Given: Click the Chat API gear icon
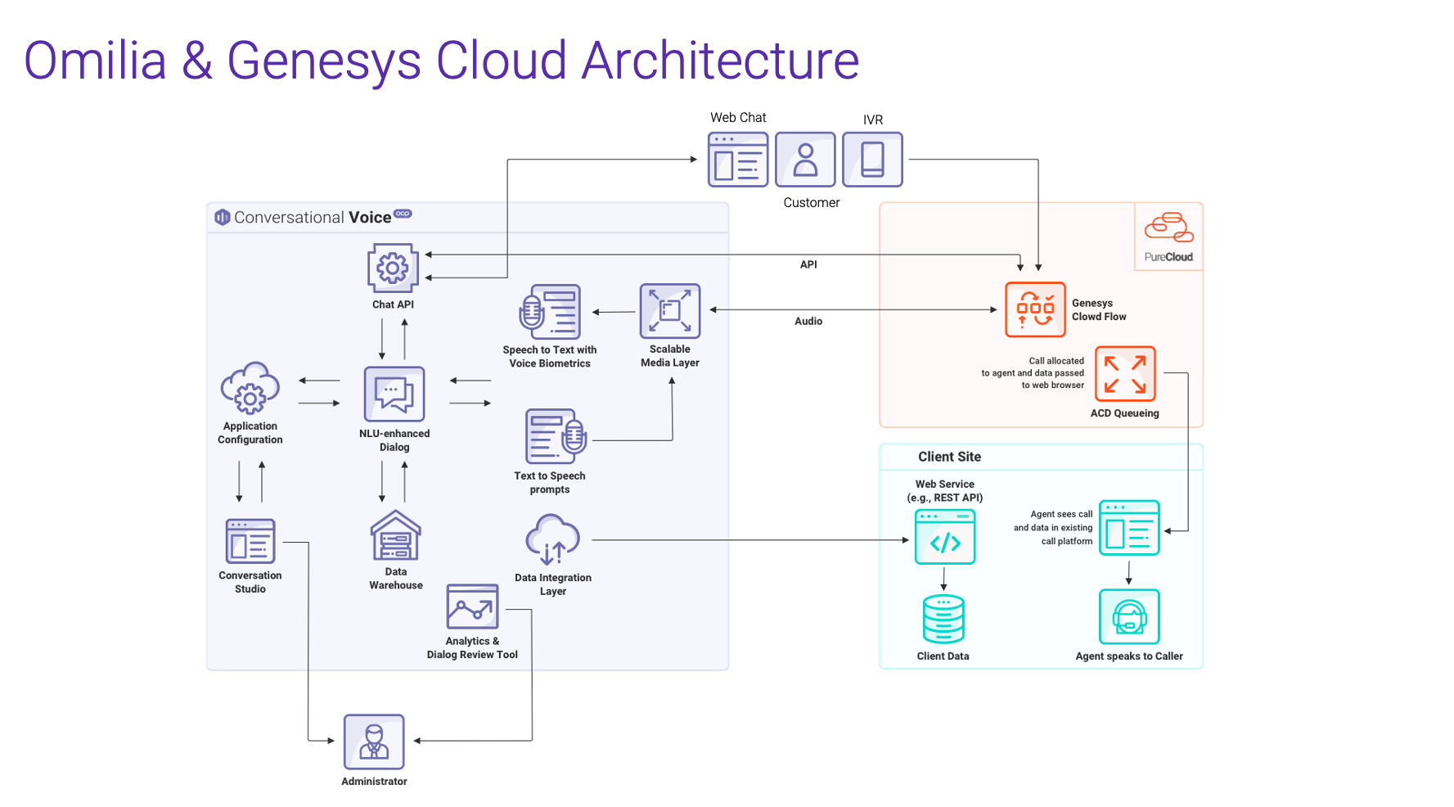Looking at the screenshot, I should (393, 268).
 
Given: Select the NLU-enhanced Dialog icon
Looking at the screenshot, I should (394, 394).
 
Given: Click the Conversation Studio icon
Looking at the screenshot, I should (250, 541).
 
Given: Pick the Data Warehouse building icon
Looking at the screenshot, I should (396, 536).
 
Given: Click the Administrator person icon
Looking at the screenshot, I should (374, 742).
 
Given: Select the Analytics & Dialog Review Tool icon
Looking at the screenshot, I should (472, 606).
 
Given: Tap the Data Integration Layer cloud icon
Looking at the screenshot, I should (552, 540).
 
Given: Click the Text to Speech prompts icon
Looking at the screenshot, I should (556, 436).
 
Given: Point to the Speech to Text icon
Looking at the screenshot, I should (550, 312).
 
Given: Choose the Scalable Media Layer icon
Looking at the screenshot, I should (670, 311).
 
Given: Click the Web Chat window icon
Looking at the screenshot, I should (738, 160).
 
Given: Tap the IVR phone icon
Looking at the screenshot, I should (872, 160).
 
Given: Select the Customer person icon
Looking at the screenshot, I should (805, 160).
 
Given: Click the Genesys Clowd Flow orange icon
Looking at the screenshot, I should (1035, 309).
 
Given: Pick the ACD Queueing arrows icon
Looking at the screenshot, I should (1125, 374).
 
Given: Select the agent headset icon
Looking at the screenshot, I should (1129, 617).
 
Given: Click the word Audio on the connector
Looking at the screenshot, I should (808, 322).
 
